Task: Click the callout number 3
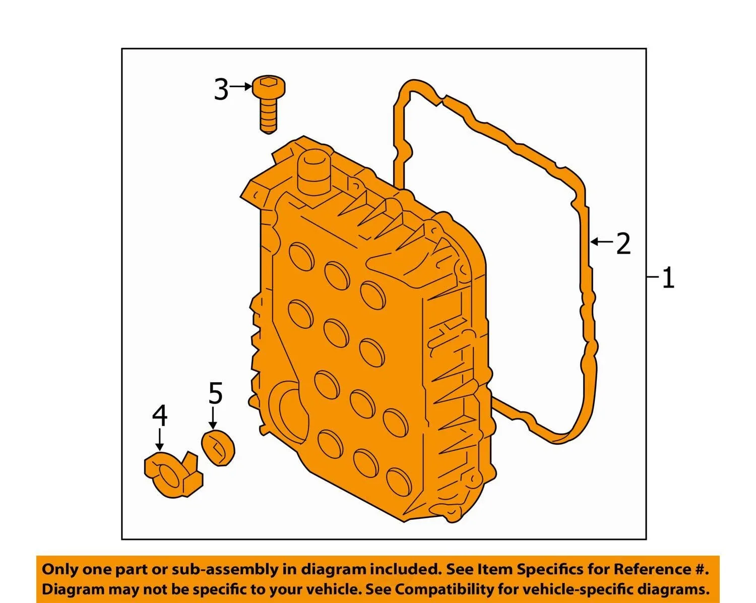click(221, 90)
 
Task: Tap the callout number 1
click(669, 278)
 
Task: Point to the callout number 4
click(160, 416)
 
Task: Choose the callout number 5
click(215, 393)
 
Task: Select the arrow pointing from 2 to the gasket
click(602, 242)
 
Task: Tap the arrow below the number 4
click(160, 440)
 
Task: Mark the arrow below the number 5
click(213, 418)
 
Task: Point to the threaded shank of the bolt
click(269, 116)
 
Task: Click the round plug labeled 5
click(218, 448)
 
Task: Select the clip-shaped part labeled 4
click(173, 474)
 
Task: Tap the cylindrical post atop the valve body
click(315, 171)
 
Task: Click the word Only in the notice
click(59, 569)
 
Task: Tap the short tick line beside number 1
click(653, 277)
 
